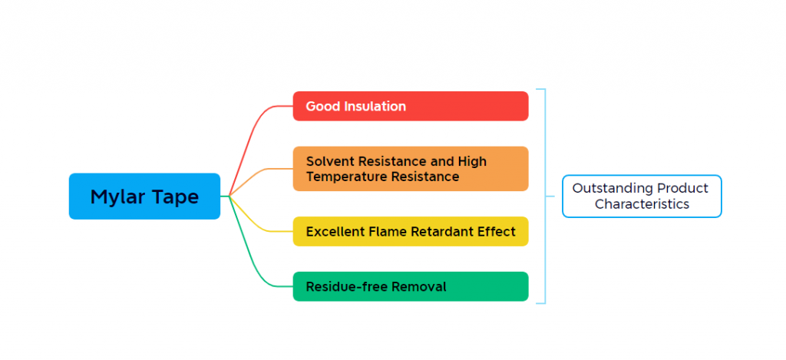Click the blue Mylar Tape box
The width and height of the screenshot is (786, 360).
click(144, 196)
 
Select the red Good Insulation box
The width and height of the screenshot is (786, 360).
click(411, 106)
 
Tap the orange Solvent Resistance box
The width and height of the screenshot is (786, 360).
click(411, 168)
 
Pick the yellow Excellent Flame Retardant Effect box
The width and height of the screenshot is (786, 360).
click(411, 231)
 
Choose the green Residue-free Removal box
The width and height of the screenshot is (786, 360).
click(411, 286)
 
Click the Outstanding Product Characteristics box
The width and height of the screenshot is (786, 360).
click(642, 196)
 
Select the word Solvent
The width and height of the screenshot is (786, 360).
click(329, 161)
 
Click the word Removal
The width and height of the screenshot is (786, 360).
click(418, 287)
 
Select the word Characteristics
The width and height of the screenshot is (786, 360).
click(642, 204)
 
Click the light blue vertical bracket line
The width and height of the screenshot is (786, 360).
click(545, 196)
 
